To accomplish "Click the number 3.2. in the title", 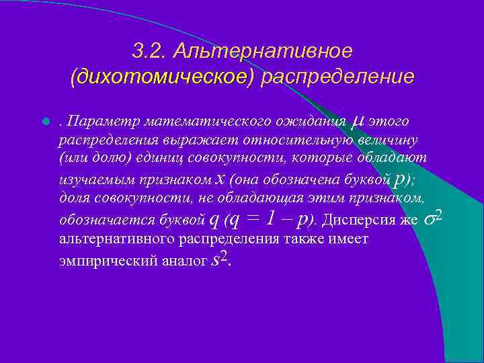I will pyautogui.click(x=149, y=50).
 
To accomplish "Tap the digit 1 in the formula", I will pyautogui.click(x=270, y=218).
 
